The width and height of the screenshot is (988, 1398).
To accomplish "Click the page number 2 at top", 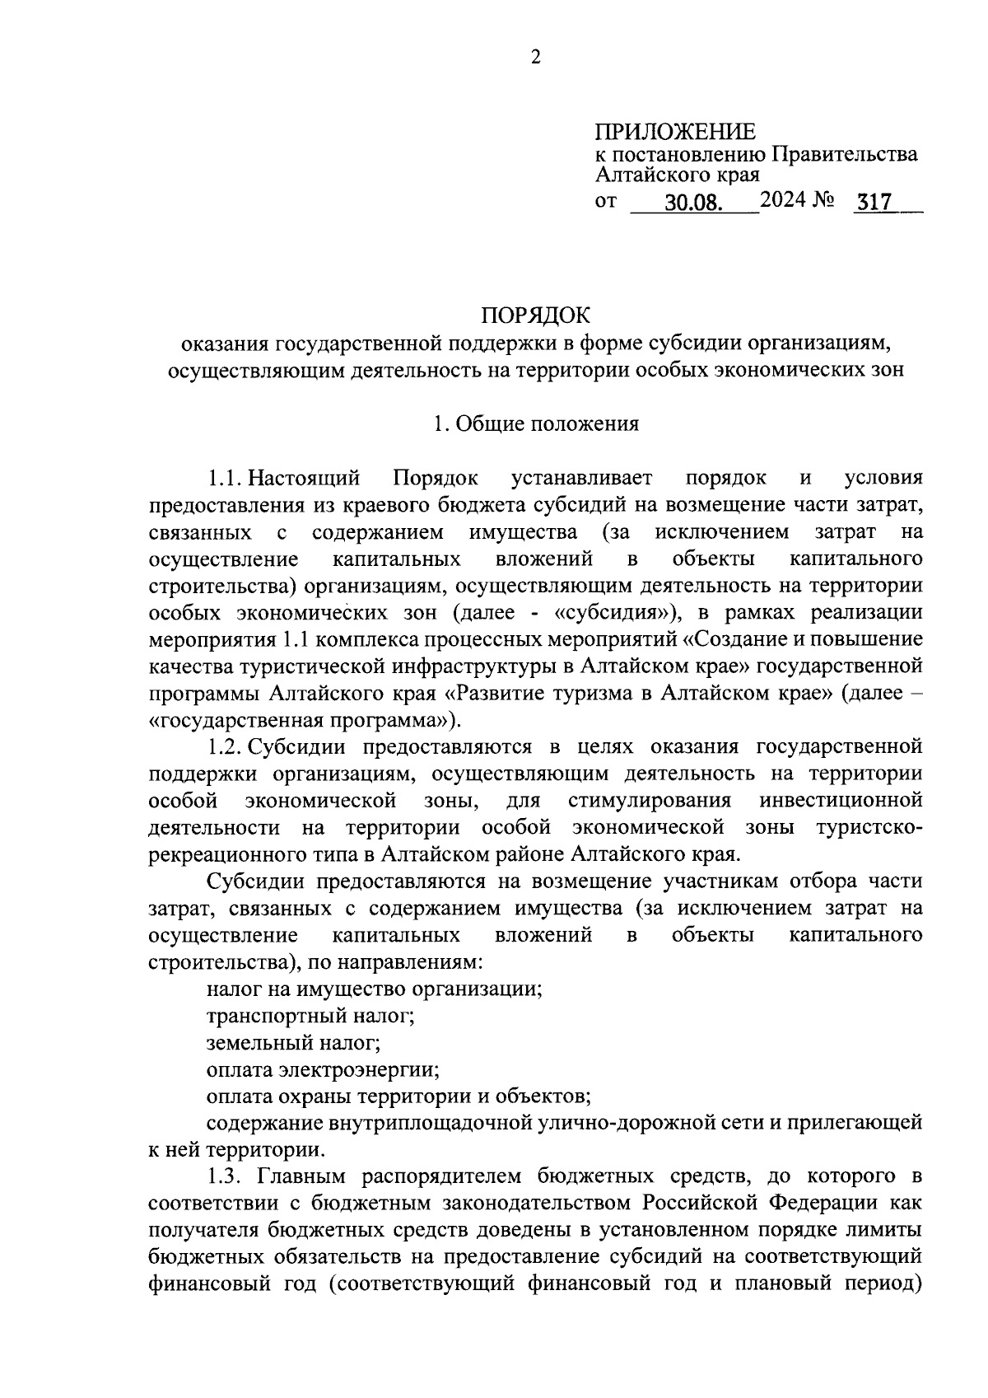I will click(x=536, y=57).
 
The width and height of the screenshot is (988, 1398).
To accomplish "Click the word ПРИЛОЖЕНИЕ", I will click(x=674, y=132).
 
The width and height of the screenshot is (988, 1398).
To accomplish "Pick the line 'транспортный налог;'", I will click(x=310, y=1016).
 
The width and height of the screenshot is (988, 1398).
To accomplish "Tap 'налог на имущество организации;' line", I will click(x=374, y=989).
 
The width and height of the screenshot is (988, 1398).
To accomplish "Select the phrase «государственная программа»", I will click(x=300, y=720).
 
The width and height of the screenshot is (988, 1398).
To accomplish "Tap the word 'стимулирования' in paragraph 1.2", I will click(x=649, y=801).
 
